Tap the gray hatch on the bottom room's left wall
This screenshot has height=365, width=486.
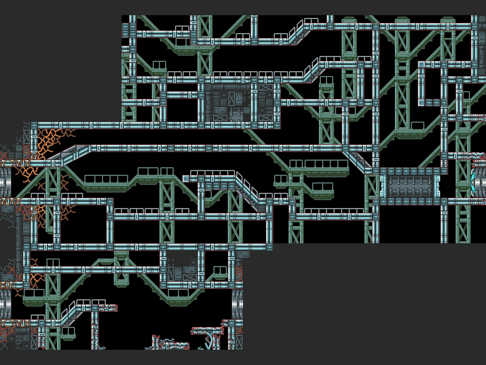click(5, 302)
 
